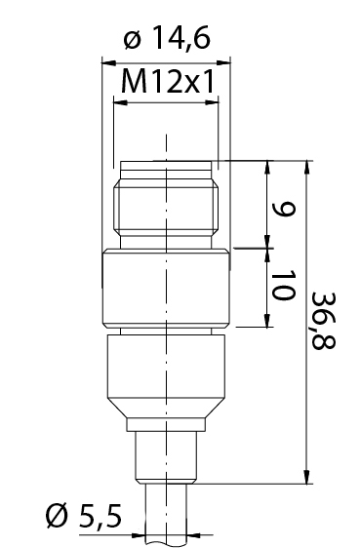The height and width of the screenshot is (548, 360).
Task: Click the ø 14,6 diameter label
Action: click(167, 38)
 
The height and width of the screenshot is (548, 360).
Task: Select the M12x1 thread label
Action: click(168, 82)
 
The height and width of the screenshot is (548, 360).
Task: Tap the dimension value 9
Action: click(285, 209)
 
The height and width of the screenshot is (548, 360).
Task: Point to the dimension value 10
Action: click(283, 285)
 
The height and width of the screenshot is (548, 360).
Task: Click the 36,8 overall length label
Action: click(323, 320)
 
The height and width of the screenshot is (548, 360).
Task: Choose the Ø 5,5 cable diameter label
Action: click(84, 516)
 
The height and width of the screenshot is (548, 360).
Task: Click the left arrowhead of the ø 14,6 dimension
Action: click(108, 63)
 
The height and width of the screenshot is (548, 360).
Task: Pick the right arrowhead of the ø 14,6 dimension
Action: click(223, 63)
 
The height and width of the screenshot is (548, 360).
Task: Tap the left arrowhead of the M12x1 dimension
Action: click(121, 102)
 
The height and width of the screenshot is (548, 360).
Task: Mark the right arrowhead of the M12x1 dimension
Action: click(212, 102)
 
